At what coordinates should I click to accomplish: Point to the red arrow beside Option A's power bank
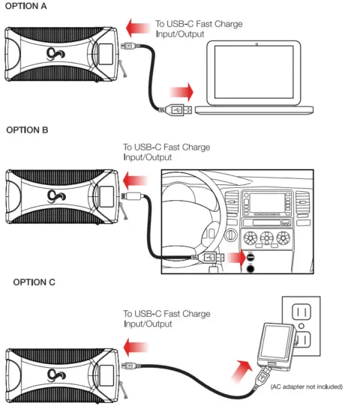pos(135,28)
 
